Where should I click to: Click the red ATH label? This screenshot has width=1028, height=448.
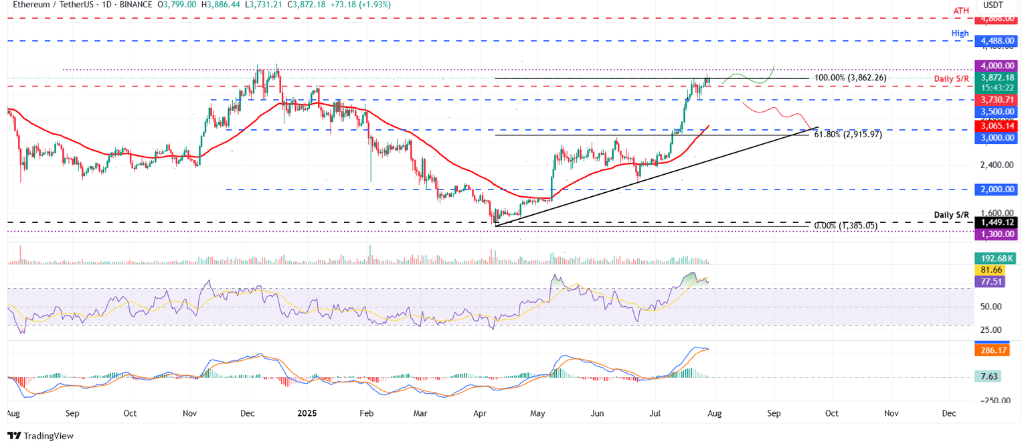(x=961, y=11)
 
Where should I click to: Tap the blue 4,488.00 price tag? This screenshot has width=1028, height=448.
(x=998, y=42)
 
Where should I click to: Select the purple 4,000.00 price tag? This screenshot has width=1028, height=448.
(x=998, y=66)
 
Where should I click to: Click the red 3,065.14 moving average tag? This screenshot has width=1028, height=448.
(x=998, y=126)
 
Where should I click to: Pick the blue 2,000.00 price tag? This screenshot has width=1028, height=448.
(x=998, y=190)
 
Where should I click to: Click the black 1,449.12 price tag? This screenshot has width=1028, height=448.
(x=998, y=222)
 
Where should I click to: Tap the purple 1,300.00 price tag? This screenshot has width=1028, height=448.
(x=998, y=234)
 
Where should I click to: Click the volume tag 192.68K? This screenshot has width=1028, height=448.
(x=998, y=258)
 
